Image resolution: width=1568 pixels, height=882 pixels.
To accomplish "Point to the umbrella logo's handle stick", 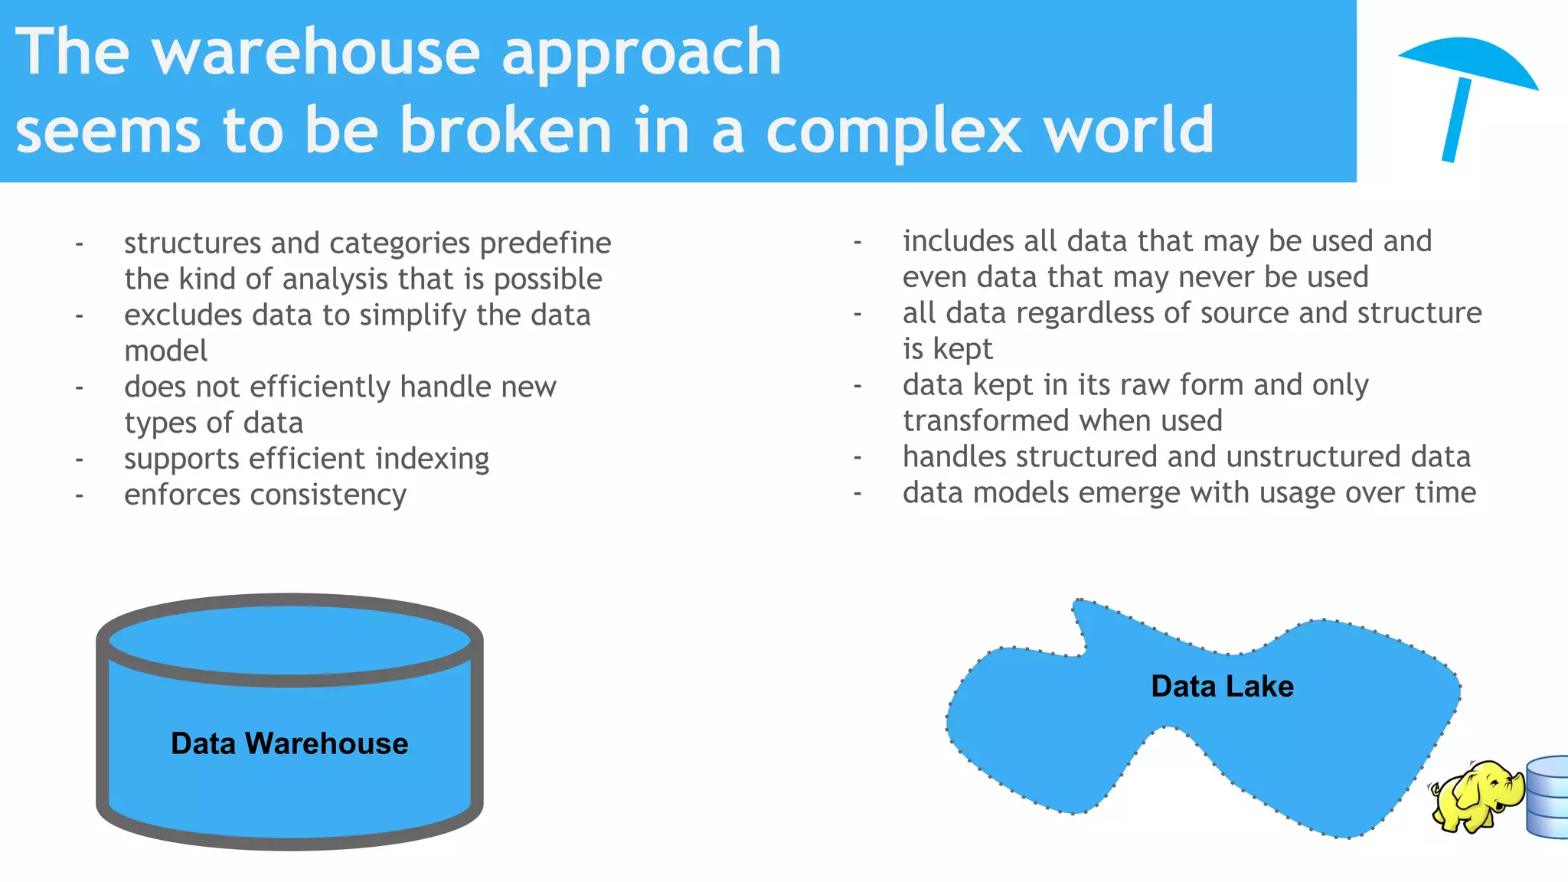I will (x=1455, y=121).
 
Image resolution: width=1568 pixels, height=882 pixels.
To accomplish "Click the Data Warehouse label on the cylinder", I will (x=289, y=743).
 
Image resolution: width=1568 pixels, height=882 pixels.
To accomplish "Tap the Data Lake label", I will (x=1222, y=686).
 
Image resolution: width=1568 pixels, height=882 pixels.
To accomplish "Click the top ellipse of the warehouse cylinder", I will (x=289, y=640).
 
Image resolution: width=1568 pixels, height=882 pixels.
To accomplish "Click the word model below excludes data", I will (x=165, y=351).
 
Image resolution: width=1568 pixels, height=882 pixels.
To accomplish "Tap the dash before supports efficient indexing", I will (x=79, y=459).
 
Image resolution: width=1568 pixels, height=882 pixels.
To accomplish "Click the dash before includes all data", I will (x=857, y=242).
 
